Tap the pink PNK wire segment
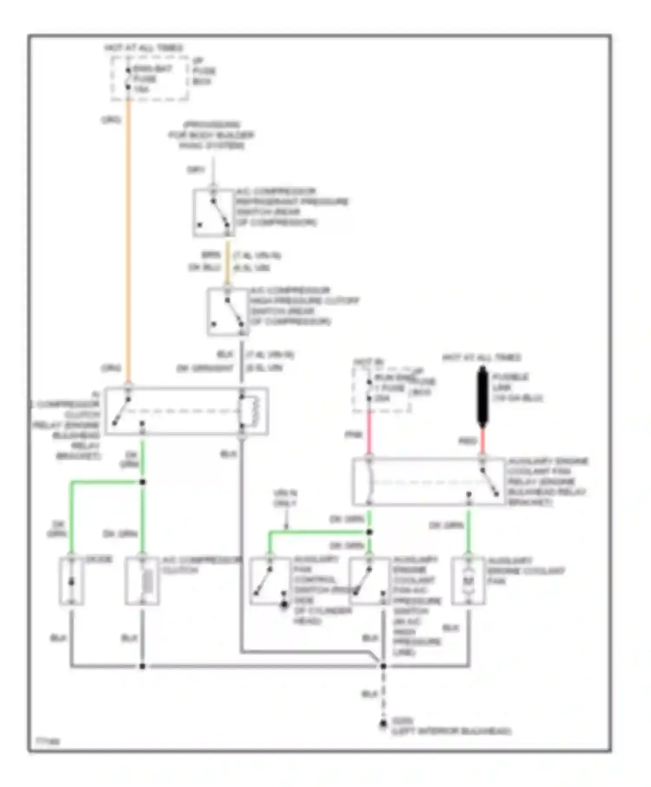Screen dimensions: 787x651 pos(369,434)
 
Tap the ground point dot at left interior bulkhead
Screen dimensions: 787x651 pos(383,724)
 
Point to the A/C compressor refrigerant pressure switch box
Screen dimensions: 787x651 pos(213,213)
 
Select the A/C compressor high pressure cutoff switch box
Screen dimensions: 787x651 pos(227,312)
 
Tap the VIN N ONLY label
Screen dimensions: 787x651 pos(285,498)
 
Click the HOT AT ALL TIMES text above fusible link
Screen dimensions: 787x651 pos(481,357)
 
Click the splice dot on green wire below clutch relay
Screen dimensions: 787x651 pos(142,482)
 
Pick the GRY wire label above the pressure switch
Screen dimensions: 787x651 pos(195,170)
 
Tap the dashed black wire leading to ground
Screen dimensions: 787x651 pos(383,694)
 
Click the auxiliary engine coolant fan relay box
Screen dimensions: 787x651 pos(429,482)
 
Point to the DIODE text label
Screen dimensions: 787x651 pos(99,559)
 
